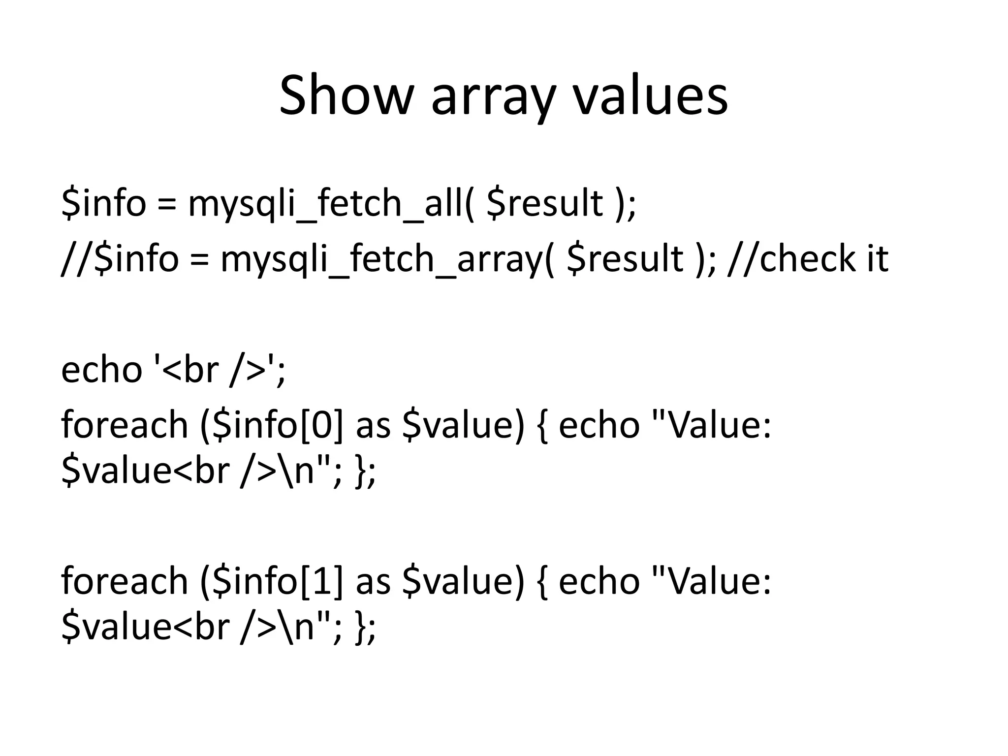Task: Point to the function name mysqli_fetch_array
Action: coord(382,258)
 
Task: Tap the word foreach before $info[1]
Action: coord(125,581)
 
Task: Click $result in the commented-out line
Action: coord(625,258)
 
